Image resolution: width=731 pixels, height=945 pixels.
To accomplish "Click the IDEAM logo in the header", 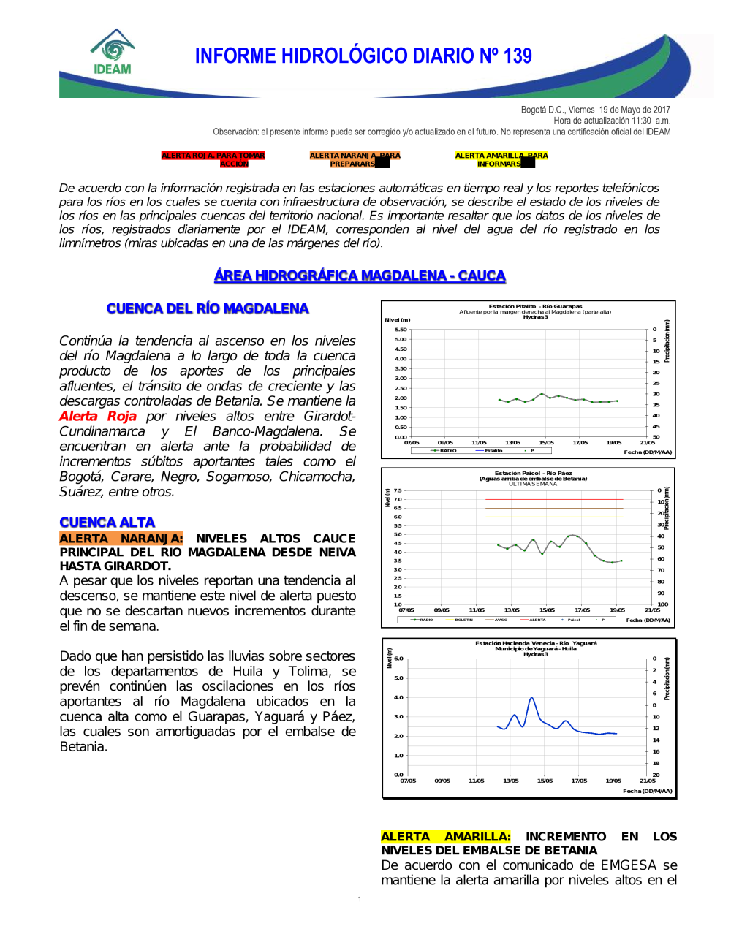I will [113, 53].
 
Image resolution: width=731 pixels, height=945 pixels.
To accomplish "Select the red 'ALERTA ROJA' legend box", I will [213, 159].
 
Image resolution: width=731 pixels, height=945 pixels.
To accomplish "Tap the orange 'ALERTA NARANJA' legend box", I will [355, 159].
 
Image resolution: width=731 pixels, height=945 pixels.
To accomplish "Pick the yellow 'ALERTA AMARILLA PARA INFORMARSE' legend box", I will [501, 159].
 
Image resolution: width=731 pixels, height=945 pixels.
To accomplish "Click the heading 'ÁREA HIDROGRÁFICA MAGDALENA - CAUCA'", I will [360, 276].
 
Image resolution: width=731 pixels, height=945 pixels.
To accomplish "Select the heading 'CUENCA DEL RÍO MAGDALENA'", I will [208, 308].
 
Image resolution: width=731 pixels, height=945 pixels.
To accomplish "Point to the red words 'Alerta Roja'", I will [98, 416].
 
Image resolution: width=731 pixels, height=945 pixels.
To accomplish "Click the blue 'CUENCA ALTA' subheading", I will [107, 523].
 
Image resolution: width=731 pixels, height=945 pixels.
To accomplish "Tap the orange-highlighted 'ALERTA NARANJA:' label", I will [121, 539].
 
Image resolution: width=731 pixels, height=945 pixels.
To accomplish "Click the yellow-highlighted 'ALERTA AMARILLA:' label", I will [445, 836].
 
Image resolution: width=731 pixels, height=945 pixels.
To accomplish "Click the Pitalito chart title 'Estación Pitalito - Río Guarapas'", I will [535, 306].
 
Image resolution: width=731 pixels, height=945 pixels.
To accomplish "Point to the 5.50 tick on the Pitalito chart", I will [401, 330].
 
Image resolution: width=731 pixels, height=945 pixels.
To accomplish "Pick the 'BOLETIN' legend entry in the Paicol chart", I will [463, 620].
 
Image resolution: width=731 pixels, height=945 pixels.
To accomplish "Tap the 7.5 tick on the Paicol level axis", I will [398, 490].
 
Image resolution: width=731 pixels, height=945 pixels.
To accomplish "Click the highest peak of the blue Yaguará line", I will [531, 698].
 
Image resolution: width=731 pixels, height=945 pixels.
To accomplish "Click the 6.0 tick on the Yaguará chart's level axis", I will [398, 659].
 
